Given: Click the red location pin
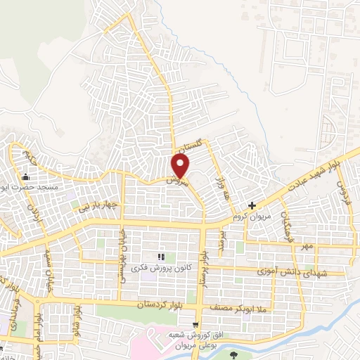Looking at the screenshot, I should [181, 166].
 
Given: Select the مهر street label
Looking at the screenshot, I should [307, 247].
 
